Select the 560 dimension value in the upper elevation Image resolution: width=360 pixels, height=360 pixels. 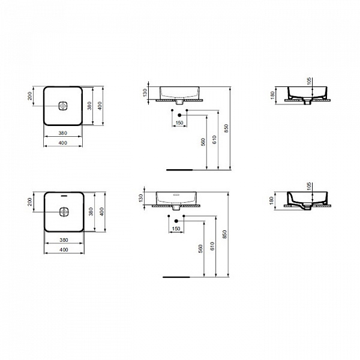[x=203, y=142]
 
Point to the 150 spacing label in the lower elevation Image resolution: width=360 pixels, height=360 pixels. [x=177, y=229]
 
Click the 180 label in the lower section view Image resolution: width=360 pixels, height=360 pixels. [x=272, y=200]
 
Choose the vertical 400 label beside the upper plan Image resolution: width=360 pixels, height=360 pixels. [x=103, y=106]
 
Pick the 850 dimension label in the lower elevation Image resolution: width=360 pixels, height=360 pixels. [x=226, y=236]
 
